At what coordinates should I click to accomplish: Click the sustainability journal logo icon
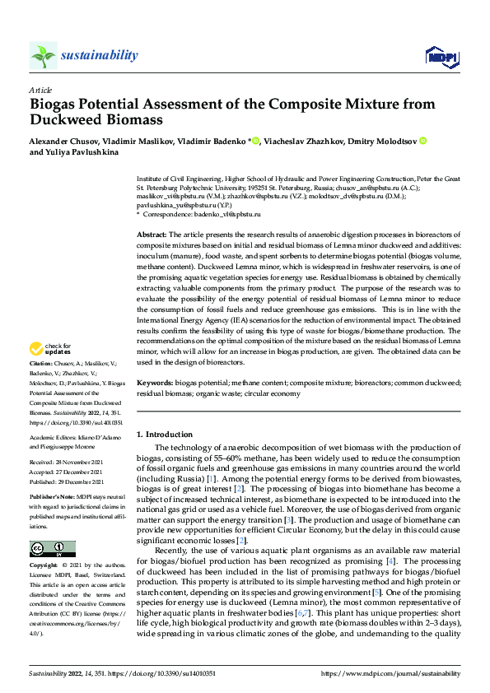point(43,55)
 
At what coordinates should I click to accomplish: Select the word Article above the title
point(40,90)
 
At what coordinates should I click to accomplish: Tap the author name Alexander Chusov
point(63,141)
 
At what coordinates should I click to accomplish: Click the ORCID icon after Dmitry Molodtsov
point(422,141)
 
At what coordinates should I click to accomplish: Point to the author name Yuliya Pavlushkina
point(86,152)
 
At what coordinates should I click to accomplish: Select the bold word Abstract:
point(153,235)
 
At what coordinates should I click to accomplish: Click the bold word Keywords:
point(155,384)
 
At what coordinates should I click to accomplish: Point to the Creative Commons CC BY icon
point(52,548)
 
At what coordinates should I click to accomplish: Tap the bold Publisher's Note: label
point(52,497)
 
